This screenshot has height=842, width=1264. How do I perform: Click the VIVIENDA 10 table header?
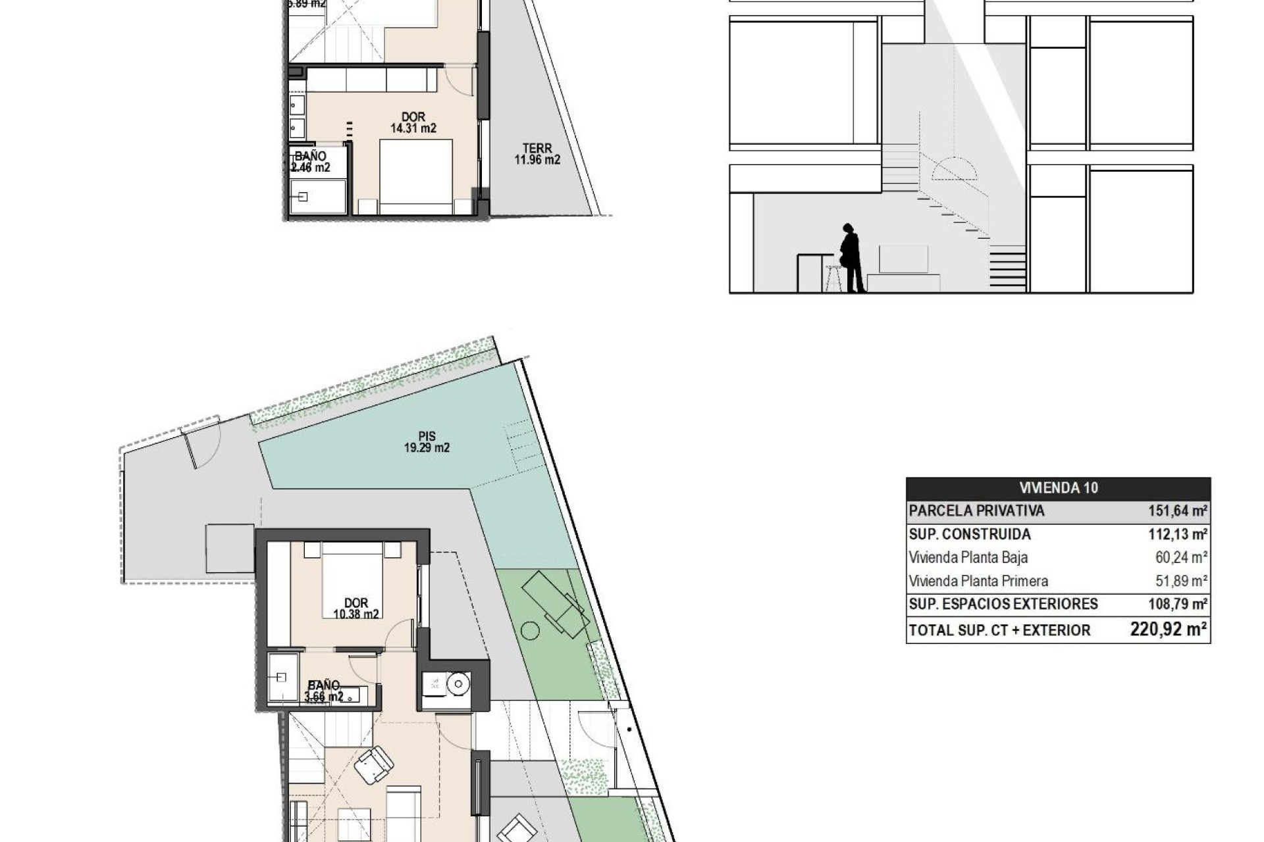[x=1058, y=488]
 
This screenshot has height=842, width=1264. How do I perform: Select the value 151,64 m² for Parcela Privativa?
[x=1176, y=511]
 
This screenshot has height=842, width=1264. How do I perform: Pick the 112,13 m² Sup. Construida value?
[x=1176, y=534]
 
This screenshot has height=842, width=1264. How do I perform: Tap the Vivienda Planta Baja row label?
[x=968, y=558]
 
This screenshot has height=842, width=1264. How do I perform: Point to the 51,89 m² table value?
[x=1181, y=581]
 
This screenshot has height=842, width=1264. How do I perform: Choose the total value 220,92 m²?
[x=1168, y=630]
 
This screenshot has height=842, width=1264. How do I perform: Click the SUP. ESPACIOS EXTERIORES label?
[x=993, y=604]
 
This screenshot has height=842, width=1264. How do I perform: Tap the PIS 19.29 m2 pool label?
[x=427, y=442]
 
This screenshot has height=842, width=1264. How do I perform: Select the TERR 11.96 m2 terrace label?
[x=537, y=154]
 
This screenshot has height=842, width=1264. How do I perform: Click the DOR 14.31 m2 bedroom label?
[x=413, y=123]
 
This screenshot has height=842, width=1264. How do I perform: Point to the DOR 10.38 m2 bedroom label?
[x=356, y=608]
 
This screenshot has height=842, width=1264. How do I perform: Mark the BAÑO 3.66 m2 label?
[x=324, y=691]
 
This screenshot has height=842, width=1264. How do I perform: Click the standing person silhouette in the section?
[x=851, y=258]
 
